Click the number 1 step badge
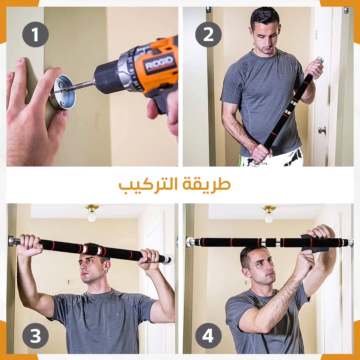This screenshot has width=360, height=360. [x=35, y=34]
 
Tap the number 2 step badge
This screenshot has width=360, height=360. [x=208, y=34]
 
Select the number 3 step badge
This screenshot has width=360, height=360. [x=35, y=336]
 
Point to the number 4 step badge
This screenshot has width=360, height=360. [x=208, y=336]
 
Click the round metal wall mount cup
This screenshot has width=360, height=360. [x=62, y=92]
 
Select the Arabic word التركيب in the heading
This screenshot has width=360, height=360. [x=148, y=185]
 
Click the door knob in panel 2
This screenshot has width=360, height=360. [x=322, y=130]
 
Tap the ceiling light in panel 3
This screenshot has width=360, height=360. [x=92, y=213]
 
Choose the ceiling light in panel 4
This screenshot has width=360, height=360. [x=269, y=214]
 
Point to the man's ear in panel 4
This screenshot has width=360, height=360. [x=246, y=272]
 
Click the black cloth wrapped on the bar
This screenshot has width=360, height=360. [x=316, y=243]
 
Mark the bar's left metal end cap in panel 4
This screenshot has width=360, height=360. [x=190, y=242]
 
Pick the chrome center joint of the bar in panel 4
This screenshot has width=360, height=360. [x=271, y=243]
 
